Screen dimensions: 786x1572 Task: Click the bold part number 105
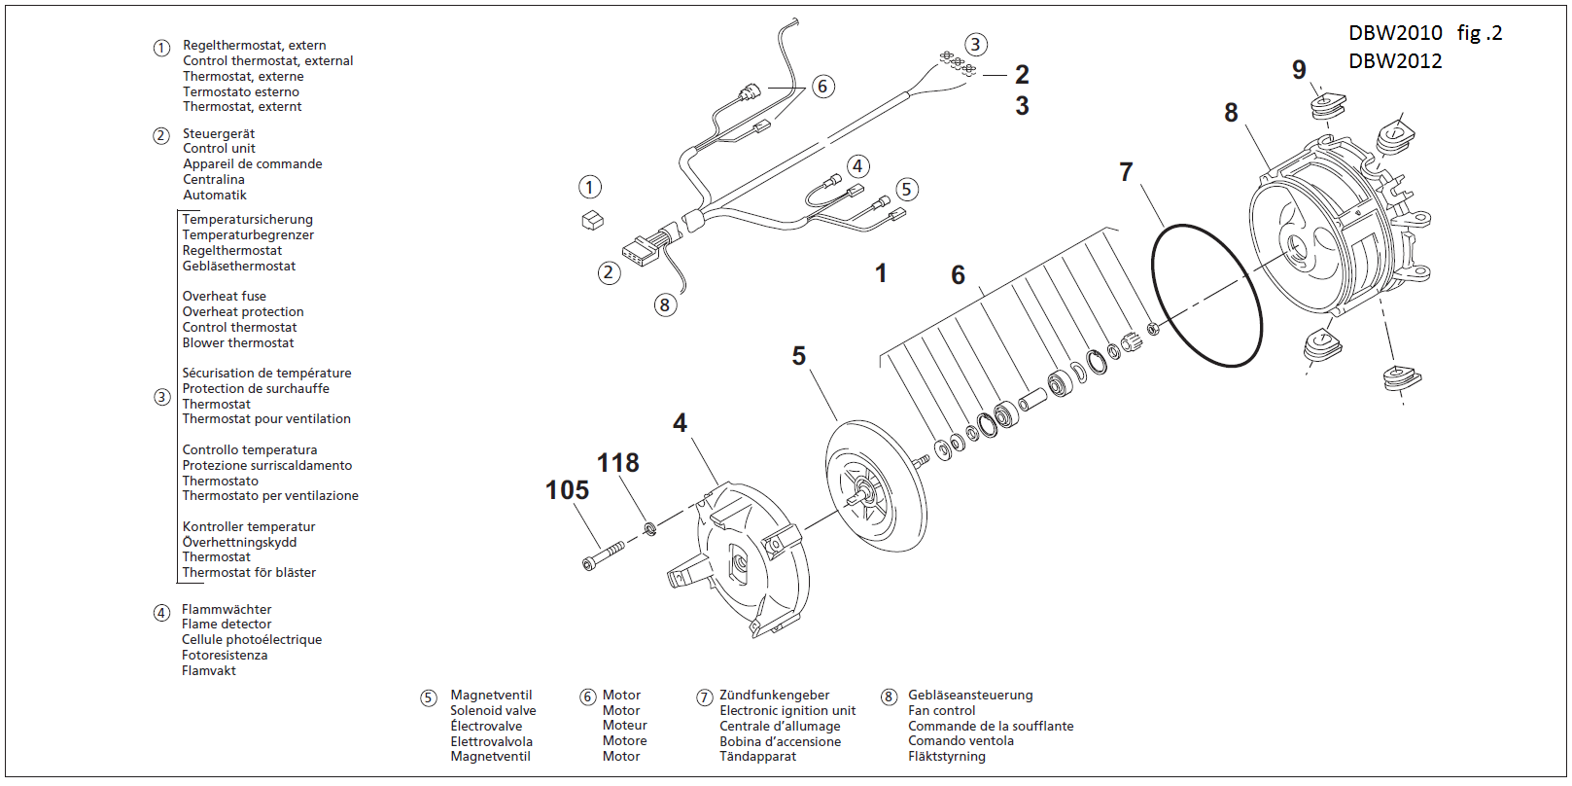567,490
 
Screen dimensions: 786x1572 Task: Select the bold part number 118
617,463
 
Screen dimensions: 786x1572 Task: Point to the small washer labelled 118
650,529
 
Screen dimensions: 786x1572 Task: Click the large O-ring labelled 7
1205,296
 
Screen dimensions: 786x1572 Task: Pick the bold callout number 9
1299,70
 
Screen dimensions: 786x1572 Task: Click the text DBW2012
1395,61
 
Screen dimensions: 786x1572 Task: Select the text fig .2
1479,33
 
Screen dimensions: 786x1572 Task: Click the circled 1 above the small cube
590,187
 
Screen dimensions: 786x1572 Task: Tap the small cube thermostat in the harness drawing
592,221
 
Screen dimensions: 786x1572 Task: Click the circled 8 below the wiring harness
665,305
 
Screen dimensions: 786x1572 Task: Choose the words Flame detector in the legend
227,625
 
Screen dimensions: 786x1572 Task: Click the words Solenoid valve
493,711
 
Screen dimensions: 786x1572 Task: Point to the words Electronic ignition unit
787,711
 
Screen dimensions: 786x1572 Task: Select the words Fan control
941,711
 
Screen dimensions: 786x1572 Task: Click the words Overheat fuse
224,297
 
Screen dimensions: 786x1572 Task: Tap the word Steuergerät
219,134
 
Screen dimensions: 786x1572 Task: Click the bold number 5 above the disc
798,356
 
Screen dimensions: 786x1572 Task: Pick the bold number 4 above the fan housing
680,423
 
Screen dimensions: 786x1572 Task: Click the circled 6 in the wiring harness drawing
822,87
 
